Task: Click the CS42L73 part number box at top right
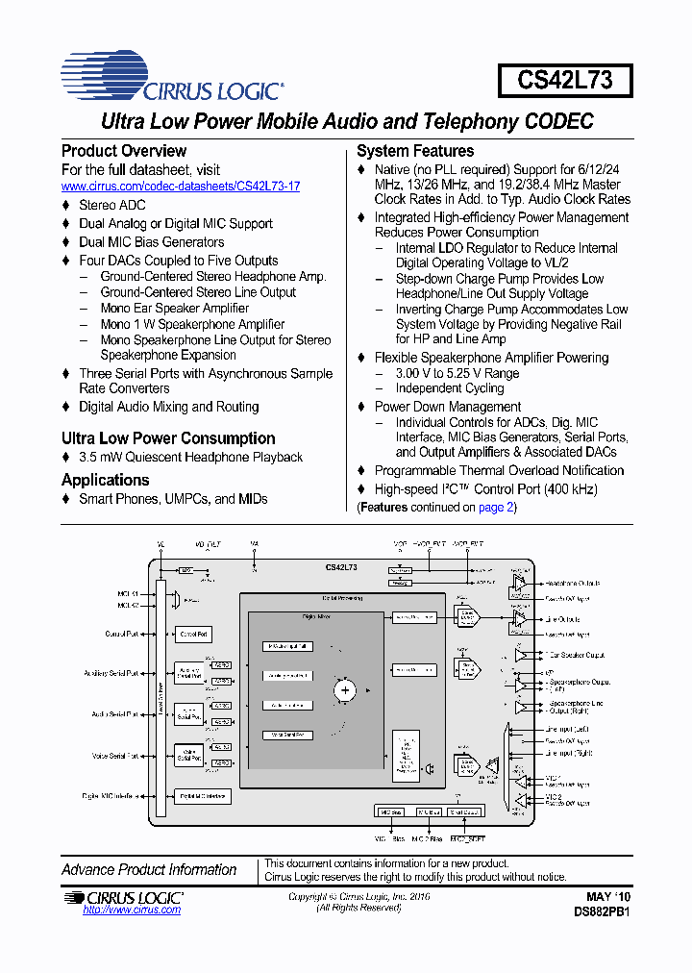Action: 564,80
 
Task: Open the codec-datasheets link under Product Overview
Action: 181,186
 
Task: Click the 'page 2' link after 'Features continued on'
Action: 496,507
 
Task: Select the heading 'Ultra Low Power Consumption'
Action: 168,438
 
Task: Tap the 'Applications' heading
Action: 106,480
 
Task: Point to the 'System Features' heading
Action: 414,151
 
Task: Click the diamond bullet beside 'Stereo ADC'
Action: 66,206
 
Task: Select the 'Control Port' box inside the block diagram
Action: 194,635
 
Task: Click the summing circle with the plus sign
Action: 345,689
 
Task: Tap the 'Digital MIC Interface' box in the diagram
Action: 202,796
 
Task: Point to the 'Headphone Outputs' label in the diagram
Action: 573,584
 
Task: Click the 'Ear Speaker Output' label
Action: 575,655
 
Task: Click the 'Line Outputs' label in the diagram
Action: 562,619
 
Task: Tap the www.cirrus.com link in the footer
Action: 132,910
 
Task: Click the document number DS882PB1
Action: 602,910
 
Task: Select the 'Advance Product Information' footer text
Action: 149,870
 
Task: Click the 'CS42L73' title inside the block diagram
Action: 341,568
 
